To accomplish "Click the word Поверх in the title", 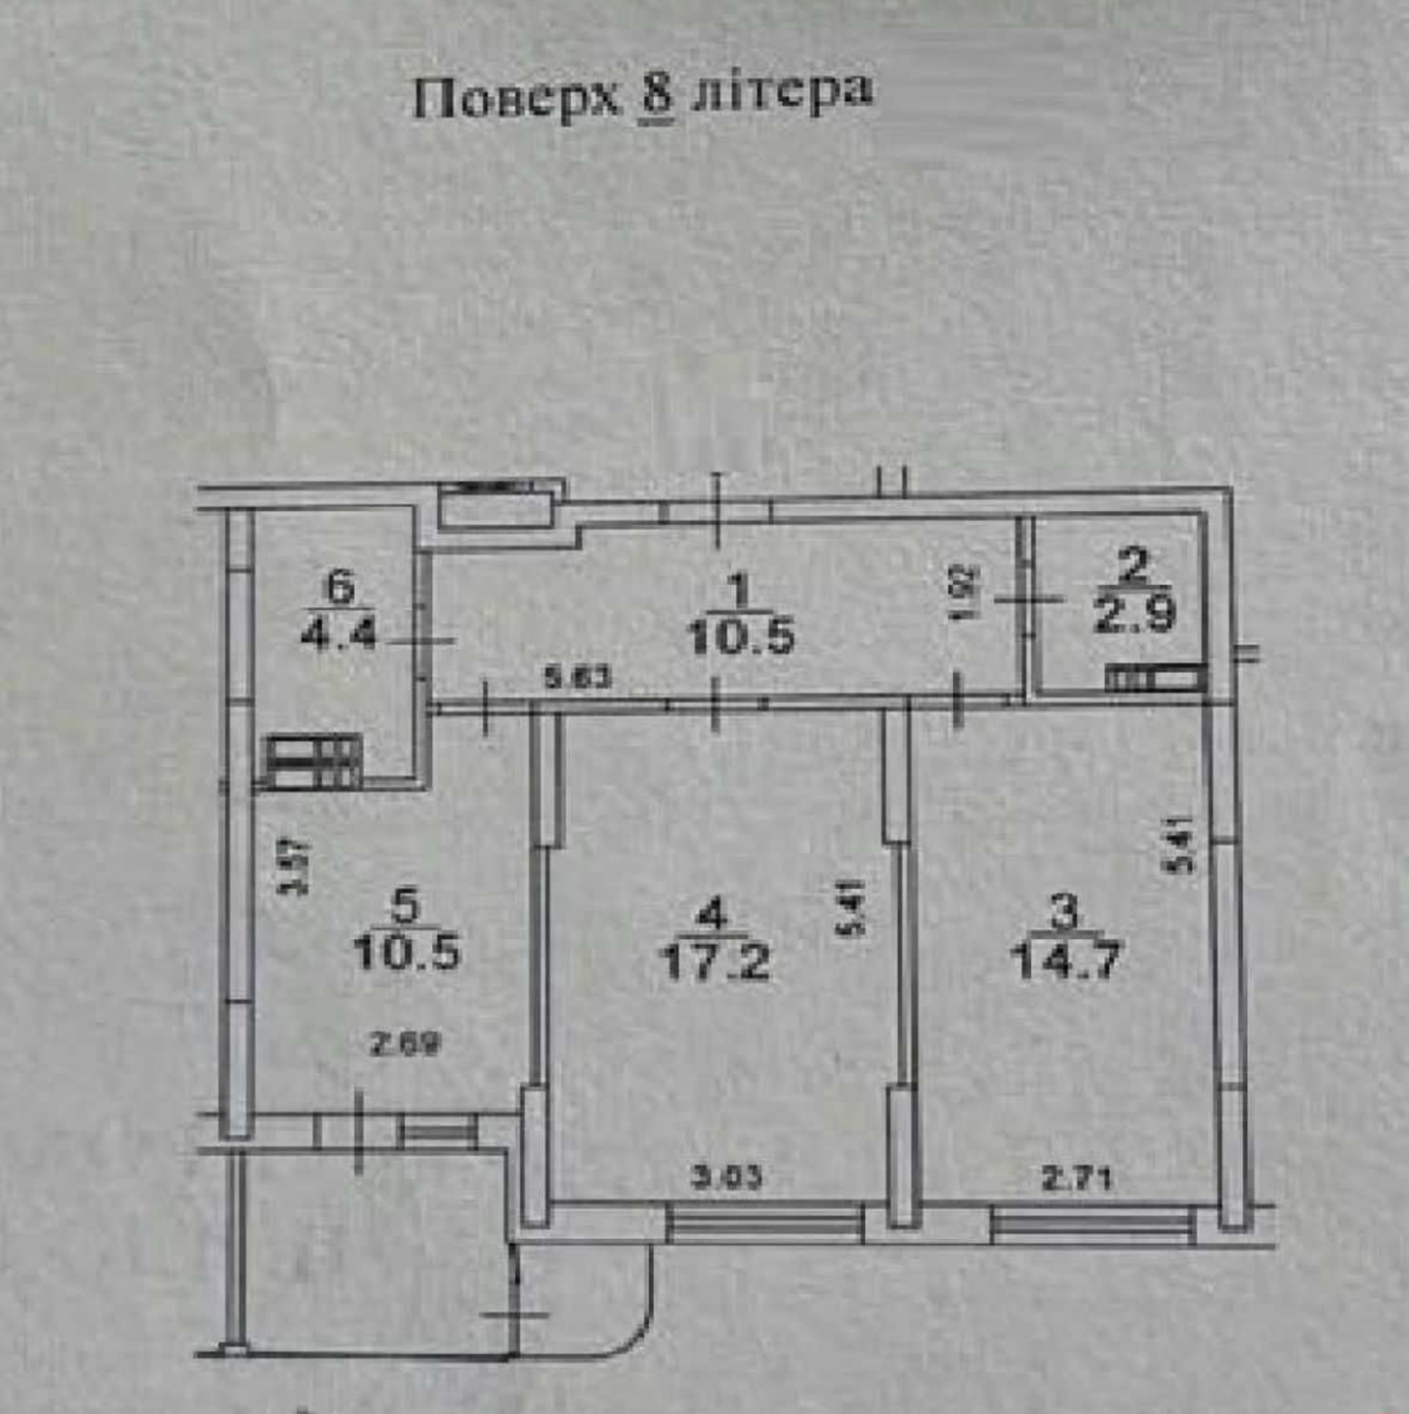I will pyautogui.click(x=518, y=98).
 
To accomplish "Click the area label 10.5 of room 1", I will pyautogui.click(x=741, y=635).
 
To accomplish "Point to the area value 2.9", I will pyautogui.click(x=1135, y=613).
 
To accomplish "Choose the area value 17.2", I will pyautogui.click(x=715, y=962).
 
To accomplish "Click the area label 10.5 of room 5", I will pyautogui.click(x=407, y=953).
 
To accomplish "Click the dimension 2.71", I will pyautogui.click(x=1076, y=1177).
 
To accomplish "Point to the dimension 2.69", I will pyautogui.click(x=403, y=1045).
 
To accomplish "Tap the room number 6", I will pyautogui.click(x=340, y=586).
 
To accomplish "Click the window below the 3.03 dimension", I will pyautogui.click(x=765, y=1224).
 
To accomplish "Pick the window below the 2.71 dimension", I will pyautogui.click(x=1093, y=1224).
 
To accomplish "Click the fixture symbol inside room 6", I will pyautogui.click(x=314, y=761).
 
